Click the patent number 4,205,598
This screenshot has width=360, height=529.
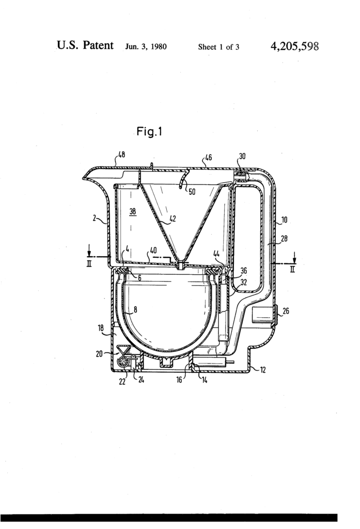294,46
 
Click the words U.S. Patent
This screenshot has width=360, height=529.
85,46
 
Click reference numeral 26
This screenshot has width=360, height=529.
286,312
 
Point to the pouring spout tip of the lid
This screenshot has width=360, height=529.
84,178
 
